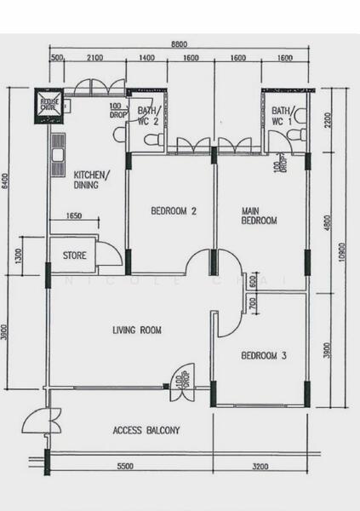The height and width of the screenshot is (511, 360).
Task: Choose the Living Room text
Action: pyautogui.click(x=137, y=330)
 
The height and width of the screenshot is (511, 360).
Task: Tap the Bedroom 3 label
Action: pyautogui.click(x=263, y=356)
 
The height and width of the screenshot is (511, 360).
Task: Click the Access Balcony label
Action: pyautogui.click(x=146, y=430)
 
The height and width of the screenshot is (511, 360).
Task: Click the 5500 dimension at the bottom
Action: pyautogui.click(x=124, y=467)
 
